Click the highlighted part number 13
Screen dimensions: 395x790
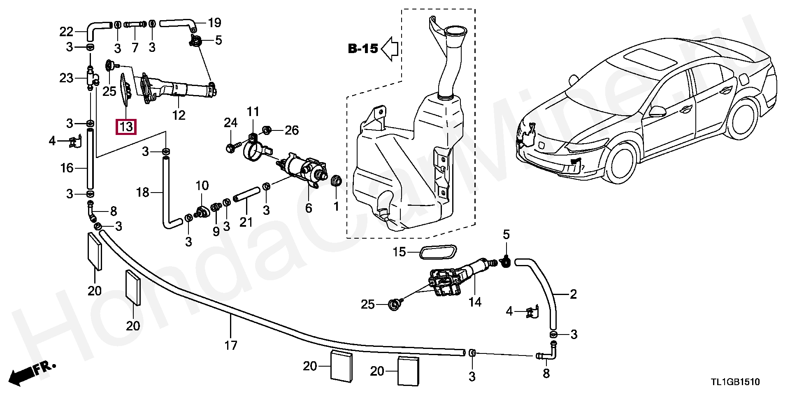[x=126, y=127]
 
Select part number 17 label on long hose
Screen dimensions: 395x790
[x=231, y=345]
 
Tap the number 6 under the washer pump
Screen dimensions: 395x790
[x=309, y=208]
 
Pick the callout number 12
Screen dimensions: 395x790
[x=179, y=115]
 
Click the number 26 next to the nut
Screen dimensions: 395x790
[x=291, y=131]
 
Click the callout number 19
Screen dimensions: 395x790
[x=215, y=22]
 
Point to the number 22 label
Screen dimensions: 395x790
[x=66, y=32]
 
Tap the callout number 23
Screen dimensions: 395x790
[x=66, y=78]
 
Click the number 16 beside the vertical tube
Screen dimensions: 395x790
[x=67, y=168]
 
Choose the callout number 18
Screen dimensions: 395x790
[x=143, y=192]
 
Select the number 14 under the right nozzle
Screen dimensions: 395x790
[x=475, y=302]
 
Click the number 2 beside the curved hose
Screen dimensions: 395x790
[x=573, y=294]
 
